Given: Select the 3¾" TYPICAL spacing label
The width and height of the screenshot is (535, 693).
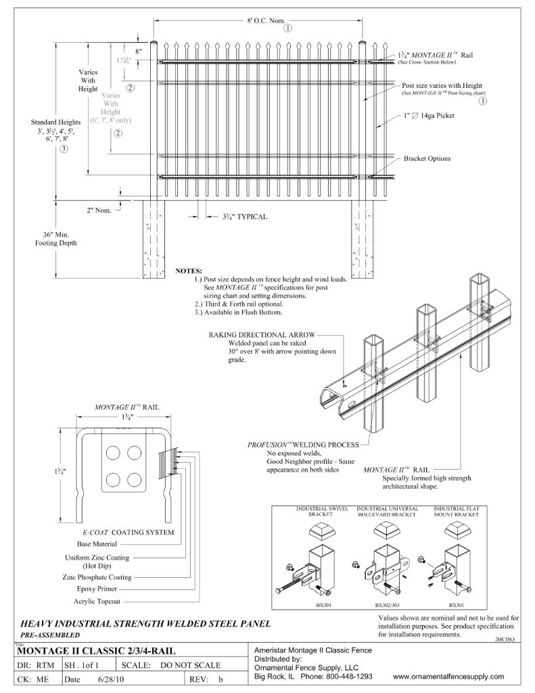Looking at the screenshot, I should point(244,217).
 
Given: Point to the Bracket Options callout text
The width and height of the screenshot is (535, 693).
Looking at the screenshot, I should point(427,158).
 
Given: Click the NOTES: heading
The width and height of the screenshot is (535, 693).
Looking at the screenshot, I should point(189,271).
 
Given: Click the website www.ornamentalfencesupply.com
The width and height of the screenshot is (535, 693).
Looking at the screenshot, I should point(448,676).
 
